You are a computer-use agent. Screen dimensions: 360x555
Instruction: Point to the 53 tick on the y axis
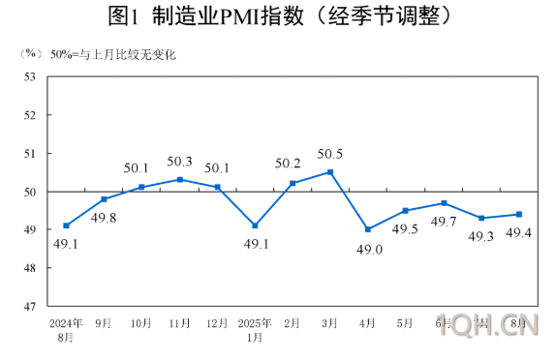[x=30, y=76]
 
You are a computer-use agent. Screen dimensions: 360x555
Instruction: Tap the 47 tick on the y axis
[x=30, y=307]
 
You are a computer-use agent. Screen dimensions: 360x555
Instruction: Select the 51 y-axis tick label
[x=30, y=153]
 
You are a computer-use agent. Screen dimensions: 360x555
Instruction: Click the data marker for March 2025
[x=330, y=172]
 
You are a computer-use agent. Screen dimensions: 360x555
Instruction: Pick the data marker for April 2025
[x=368, y=229]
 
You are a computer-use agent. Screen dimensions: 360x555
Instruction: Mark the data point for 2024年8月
[x=66, y=225]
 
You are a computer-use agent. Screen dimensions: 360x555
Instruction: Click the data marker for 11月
[x=179, y=180]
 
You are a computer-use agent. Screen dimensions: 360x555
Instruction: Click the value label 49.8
[x=105, y=217]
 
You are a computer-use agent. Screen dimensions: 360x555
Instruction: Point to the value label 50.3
[x=179, y=162]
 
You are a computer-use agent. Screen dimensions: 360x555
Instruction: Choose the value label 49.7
[x=444, y=222]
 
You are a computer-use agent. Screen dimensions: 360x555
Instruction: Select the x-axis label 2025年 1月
[x=255, y=330]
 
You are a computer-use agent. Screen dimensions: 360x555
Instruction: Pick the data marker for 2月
[x=293, y=183]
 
